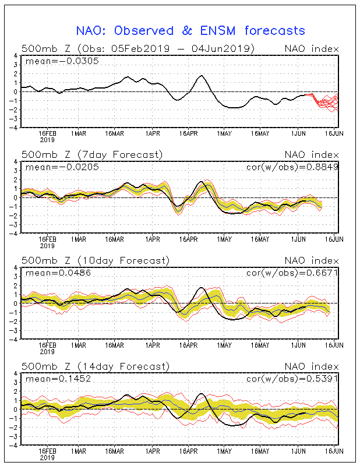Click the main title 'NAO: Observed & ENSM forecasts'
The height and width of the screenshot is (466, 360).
click(190, 31)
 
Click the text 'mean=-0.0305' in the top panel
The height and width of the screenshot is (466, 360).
click(62, 61)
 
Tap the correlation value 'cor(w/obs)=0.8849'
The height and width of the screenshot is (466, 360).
click(292, 167)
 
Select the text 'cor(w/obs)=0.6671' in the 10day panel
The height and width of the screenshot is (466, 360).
click(292, 273)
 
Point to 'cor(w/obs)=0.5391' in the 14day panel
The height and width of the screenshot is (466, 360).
click(292, 379)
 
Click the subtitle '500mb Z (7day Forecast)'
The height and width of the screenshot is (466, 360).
click(92, 154)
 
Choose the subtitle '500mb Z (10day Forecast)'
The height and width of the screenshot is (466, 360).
click(96, 260)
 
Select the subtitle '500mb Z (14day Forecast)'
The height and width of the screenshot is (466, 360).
click(96, 366)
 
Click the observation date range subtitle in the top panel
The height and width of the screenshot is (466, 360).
click(138, 48)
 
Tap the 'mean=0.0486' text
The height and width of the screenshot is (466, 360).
click(58, 273)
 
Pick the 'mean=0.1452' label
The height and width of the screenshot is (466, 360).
click(58, 379)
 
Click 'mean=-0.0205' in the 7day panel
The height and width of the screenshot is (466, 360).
click(62, 167)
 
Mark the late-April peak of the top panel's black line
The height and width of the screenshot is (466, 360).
click(202, 76)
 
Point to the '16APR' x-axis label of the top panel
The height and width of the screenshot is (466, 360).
click(189, 134)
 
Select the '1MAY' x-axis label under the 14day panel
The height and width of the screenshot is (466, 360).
click(224, 451)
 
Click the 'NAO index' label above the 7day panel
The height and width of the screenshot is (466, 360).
click(312, 154)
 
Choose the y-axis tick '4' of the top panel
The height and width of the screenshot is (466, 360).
click(16, 55)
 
